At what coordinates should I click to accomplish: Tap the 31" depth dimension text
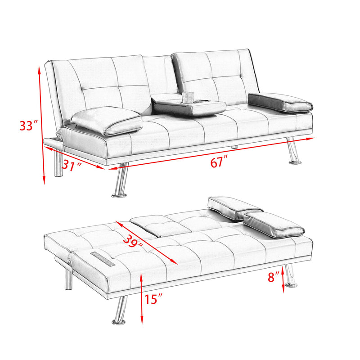click(x=72, y=166)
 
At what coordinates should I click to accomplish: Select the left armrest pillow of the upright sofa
click(x=107, y=120)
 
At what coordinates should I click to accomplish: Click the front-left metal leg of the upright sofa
click(x=120, y=181)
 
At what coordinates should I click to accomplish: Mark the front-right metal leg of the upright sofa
click(x=292, y=151)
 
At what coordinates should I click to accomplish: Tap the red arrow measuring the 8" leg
click(x=283, y=279)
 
